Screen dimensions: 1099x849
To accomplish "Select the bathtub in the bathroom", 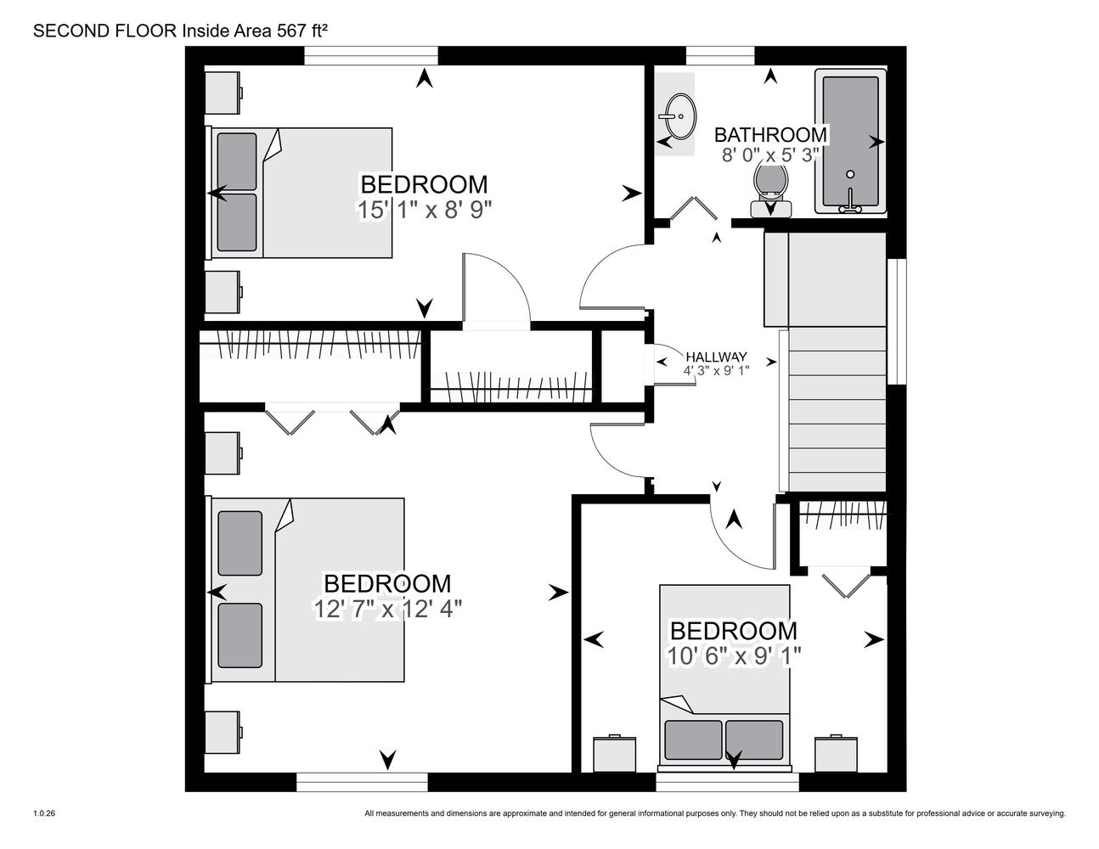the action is [x=850, y=141].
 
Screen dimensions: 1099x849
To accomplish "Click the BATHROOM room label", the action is [x=770, y=135].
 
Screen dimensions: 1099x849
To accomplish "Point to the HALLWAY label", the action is [x=716, y=357].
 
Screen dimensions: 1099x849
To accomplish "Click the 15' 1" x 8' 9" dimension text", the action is [x=425, y=210].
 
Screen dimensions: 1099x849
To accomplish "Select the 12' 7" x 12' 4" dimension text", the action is [x=387, y=609].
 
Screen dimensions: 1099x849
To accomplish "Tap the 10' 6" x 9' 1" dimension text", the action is [x=734, y=656].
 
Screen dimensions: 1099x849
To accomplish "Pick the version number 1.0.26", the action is [x=44, y=813].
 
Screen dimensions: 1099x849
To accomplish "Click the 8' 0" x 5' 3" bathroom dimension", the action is [x=770, y=155].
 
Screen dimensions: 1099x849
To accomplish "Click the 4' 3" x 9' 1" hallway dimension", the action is [x=716, y=370].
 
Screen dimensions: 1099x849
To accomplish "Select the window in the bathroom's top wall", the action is [x=720, y=55].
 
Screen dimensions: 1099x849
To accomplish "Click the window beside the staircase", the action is [x=897, y=322].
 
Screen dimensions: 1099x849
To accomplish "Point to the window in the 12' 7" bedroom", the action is [x=362, y=782].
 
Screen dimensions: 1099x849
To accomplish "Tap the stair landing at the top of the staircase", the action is [x=825, y=279].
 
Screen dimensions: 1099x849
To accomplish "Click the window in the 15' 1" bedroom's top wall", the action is [x=370, y=55].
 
